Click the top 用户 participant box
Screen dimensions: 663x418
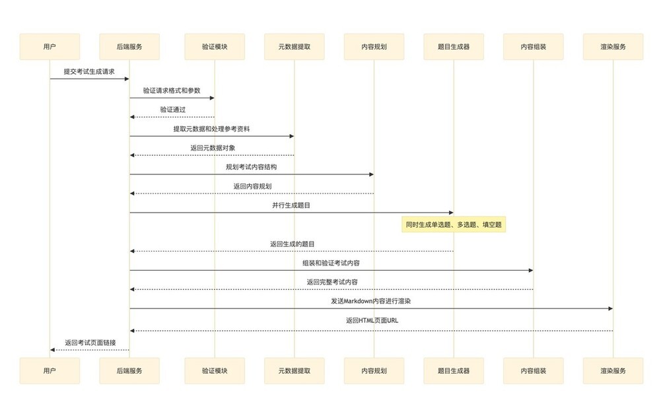[x=50, y=46]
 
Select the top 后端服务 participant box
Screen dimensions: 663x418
[x=129, y=46]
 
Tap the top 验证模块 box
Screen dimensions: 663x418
[x=215, y=46]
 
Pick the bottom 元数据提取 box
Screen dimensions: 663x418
[x=295, y=370]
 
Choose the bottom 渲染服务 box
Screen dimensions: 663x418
[x=613, y=370]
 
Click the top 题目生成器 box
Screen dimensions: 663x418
[x=454, y=46]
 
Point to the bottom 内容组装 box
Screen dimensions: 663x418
[x=533, y=370]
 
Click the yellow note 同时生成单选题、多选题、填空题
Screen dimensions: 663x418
[x=454, y=225]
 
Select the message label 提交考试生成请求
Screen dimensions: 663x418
[x=89, y=71]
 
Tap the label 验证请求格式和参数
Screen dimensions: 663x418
[x=172, y=90]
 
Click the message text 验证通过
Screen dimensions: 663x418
[x=172, y=110]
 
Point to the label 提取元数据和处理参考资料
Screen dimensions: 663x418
[x=211, y=129]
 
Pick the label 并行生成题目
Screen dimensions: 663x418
[x=291, y=205]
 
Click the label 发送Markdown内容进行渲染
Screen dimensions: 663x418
[x=371, y=301]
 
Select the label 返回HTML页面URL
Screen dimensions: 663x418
[x=372, y=320]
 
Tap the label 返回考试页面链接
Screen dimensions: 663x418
[x=90, y=342]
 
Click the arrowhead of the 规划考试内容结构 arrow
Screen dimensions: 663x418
[x=371, y=174]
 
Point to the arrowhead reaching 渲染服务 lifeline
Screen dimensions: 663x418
[x=611, y=308]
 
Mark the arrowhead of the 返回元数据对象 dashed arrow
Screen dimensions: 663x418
[x=132, y=155]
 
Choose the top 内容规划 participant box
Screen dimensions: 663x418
[x=374, y=46]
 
